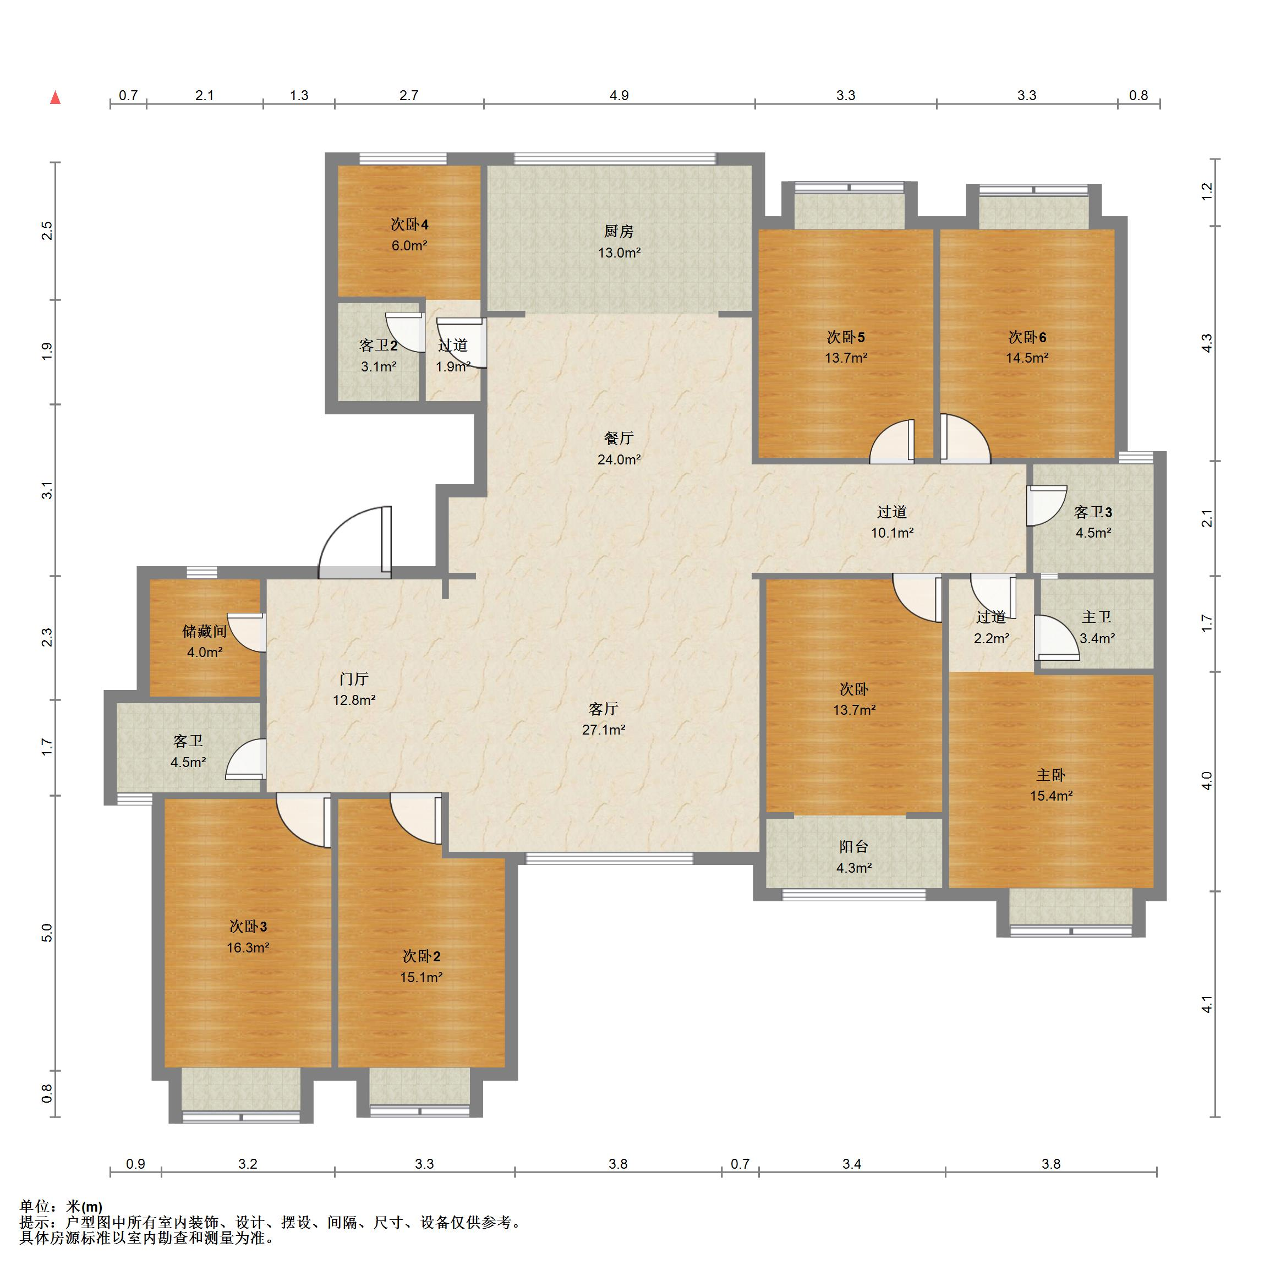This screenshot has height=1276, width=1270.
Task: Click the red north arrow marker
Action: tap(56, 98)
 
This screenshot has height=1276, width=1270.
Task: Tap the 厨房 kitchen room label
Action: tap(619, 231)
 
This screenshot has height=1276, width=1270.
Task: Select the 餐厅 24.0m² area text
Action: tap(619, 459)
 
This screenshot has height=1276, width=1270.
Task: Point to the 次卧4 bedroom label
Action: tap(409, 224)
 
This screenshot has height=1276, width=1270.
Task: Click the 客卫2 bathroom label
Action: tap(379, 346)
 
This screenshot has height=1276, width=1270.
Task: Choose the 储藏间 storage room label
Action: tap(205, 631)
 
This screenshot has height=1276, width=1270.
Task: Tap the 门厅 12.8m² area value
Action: tap(354, 700)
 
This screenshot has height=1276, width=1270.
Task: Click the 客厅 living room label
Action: tap(604, 709)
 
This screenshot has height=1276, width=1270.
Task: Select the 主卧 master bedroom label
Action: tap(1051, 775)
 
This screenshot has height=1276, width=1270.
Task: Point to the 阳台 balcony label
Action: tap(853, 847)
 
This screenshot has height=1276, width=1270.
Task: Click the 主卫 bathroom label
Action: tap(1096, 617)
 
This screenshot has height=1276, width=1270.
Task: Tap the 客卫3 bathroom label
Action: tap(1093, 512)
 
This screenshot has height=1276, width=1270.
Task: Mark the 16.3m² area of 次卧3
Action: tap(248, 948)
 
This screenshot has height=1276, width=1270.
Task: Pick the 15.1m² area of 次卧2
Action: tap(421, 977)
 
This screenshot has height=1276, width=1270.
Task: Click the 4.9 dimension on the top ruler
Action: tap(619, 95)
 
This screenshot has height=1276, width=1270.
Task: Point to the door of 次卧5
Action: tap(892, 441)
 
